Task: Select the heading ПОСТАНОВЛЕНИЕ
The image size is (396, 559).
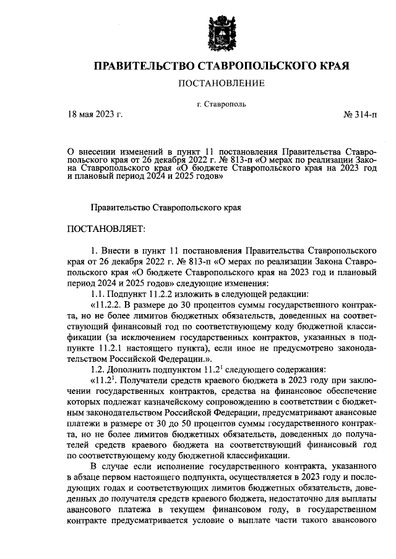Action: coord(222,83)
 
